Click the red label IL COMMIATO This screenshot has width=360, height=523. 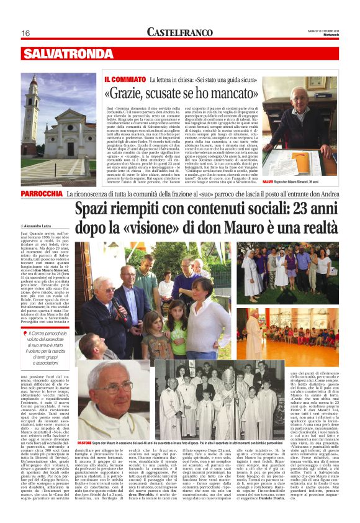click(125, 80)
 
